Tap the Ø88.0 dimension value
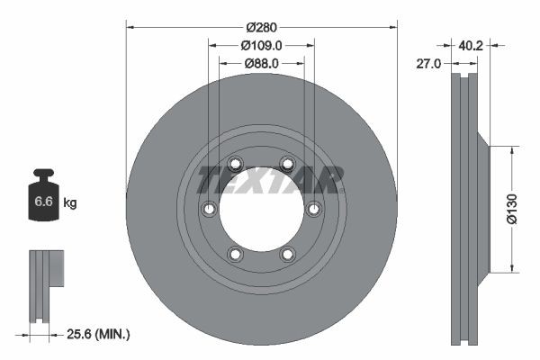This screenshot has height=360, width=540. coord(261,63)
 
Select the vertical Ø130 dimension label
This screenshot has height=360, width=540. coord(510,209)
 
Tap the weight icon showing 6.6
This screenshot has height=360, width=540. coord(43,200)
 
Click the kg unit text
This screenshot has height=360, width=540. coord(70,203)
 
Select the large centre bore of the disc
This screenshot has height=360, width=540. coord(261,209)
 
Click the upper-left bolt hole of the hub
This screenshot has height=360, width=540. coord(235,164)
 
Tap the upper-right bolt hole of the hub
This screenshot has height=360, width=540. coord(287,164)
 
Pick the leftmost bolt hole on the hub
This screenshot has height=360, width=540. coord(209,209)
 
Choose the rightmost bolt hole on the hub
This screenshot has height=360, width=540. coord(313,209)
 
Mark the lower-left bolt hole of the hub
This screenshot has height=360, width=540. coord(235,254)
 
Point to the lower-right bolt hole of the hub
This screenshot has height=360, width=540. coord(287,254)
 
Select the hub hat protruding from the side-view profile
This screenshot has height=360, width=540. coord(482,209)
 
